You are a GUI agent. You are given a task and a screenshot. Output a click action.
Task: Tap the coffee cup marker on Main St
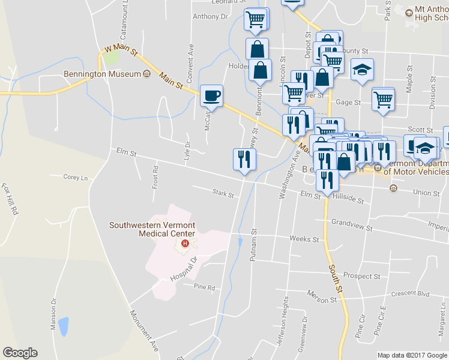click(x=211, y=95)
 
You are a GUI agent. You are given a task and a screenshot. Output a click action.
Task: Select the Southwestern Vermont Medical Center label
click(x=152, y=229)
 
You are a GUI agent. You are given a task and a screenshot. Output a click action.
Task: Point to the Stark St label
click(x=223, y=193)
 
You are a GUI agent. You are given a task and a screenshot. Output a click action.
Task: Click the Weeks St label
click(x=304, y=239)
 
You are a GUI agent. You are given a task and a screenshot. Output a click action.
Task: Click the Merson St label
click(x=322, y=298)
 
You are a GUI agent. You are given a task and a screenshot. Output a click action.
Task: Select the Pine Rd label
click(x=204, y=287)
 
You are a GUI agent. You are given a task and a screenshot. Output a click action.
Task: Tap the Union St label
click(x=426, y=193)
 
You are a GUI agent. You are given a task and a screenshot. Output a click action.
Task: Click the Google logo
click(x=20, y=353)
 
